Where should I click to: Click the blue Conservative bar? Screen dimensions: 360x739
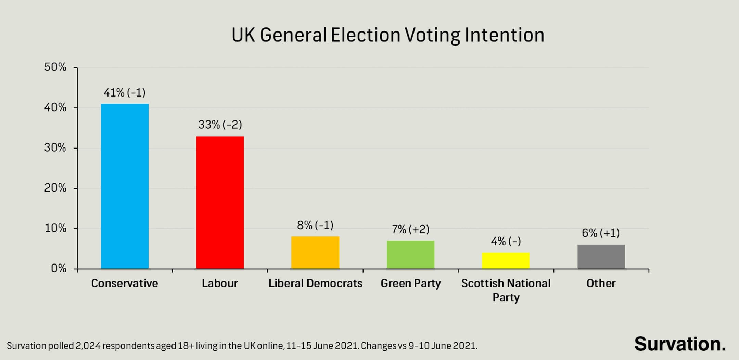pos(125,186)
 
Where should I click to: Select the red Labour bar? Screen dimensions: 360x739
pos(220,202)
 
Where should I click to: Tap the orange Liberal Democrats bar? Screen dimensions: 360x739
pos(315,253)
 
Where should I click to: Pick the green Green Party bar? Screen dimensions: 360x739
pos(410,255)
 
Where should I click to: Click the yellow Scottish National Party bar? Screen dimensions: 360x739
pos(506,260)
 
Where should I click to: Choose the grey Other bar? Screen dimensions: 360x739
pos(601,257)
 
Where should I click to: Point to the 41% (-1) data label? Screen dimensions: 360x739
pos(125,93)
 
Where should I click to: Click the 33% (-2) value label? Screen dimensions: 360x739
pos(220,125)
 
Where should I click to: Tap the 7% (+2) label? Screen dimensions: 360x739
pos(410,229)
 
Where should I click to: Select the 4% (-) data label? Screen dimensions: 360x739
pos(506,242)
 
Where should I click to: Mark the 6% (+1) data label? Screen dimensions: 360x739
pos(601,233)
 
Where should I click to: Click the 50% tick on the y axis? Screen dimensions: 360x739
pos(55,67)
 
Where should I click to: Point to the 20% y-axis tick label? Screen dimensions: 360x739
pos(55,188)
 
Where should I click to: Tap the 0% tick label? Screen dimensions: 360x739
pos(59,269)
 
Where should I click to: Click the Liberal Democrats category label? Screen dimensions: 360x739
pos(315,283)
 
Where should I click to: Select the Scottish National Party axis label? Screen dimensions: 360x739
pos(506,290)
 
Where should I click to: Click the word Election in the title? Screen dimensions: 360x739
pos(365,35)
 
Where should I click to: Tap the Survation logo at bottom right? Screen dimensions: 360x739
pos(680,344)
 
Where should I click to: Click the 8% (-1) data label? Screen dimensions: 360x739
pos(315,226)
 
